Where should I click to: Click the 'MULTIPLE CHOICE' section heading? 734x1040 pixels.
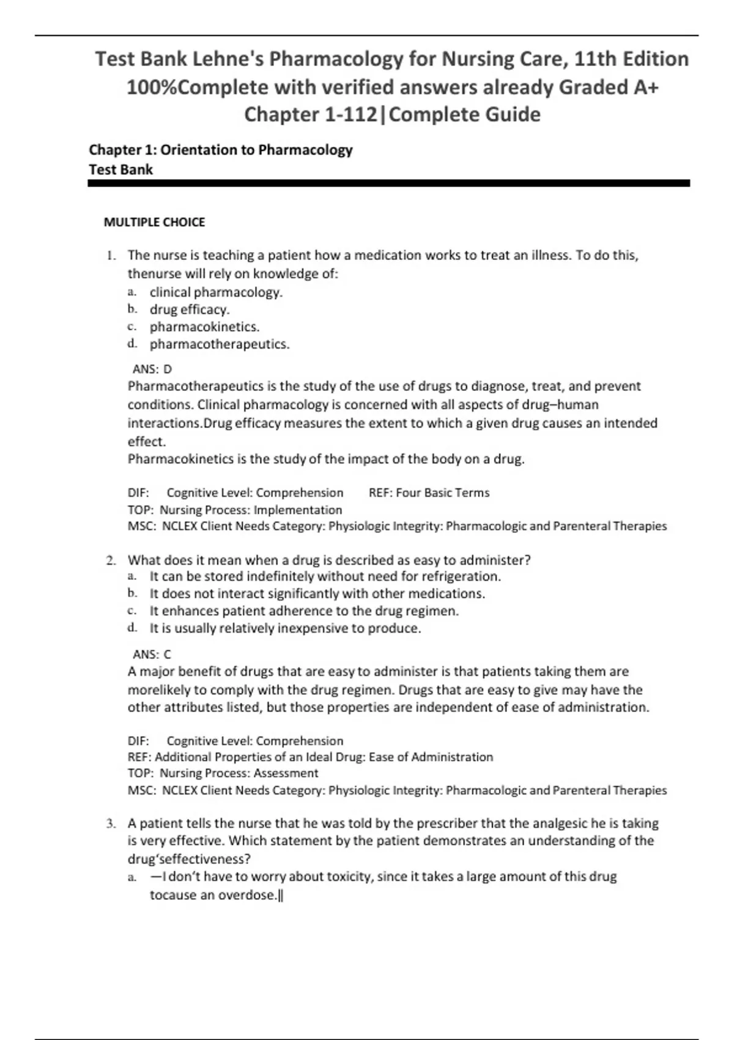(154, 223)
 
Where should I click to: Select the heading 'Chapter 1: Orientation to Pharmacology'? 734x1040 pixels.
(221, 150)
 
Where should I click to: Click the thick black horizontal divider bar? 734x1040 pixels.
(389, 183)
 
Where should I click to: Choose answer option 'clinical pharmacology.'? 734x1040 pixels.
(216, 292)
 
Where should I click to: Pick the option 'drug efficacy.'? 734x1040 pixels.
(190, 310)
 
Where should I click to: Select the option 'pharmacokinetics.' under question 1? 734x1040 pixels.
(204, 327)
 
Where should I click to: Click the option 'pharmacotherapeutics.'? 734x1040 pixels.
(220, 344)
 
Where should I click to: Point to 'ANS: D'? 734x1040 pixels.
(152, 369)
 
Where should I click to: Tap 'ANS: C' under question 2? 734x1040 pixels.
(152, 654)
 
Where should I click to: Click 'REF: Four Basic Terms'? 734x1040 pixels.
(429, 492)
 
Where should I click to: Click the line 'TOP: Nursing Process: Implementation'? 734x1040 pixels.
(235, 510)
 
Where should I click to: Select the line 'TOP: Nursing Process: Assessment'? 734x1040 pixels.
(223, 773)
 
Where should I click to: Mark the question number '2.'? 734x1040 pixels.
(111, 560)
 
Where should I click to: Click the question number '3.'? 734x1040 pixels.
(111, 823)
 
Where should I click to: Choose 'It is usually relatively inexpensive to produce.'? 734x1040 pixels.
(285, 628)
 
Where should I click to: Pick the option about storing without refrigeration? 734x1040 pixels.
(325, 576)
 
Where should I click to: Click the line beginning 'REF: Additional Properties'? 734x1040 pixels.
(310, 757)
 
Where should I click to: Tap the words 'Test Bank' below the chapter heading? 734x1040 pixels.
(120, 169)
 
